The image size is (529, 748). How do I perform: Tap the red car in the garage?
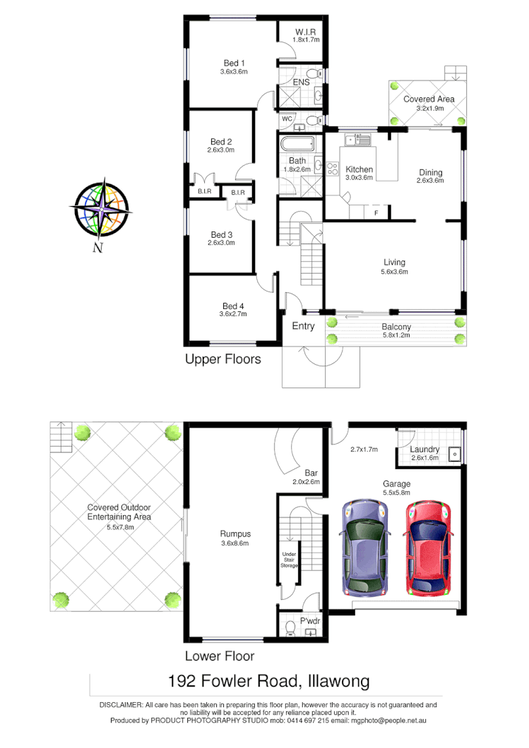(427, 548)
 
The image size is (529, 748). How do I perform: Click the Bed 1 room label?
(234, 62)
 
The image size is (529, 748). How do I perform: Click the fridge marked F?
(376, 212)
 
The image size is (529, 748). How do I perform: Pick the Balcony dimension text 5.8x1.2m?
(396, 336)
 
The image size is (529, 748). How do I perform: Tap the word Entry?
(303, 326)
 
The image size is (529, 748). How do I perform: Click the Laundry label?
(424, 450)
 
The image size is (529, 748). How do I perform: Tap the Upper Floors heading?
(222, 359)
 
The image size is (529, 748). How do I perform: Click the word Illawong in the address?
(336, 682)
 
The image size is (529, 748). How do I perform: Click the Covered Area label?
(429, 99)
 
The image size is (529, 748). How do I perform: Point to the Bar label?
(310, 473)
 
